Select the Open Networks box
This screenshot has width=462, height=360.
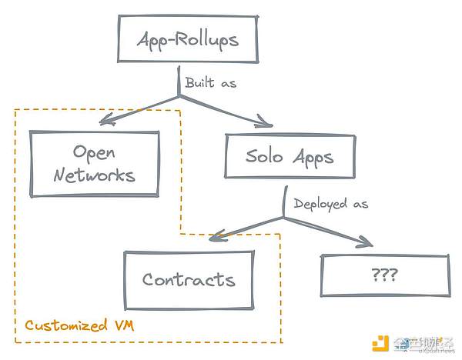point(94,162)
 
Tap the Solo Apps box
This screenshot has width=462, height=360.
point(290,158)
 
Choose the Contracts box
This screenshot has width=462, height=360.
point(189,278)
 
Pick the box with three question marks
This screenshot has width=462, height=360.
point(384,274)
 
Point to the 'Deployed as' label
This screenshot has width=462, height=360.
point(331,204)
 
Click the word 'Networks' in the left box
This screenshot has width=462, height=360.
point(95,174)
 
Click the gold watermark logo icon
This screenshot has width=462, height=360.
point(380,343)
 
